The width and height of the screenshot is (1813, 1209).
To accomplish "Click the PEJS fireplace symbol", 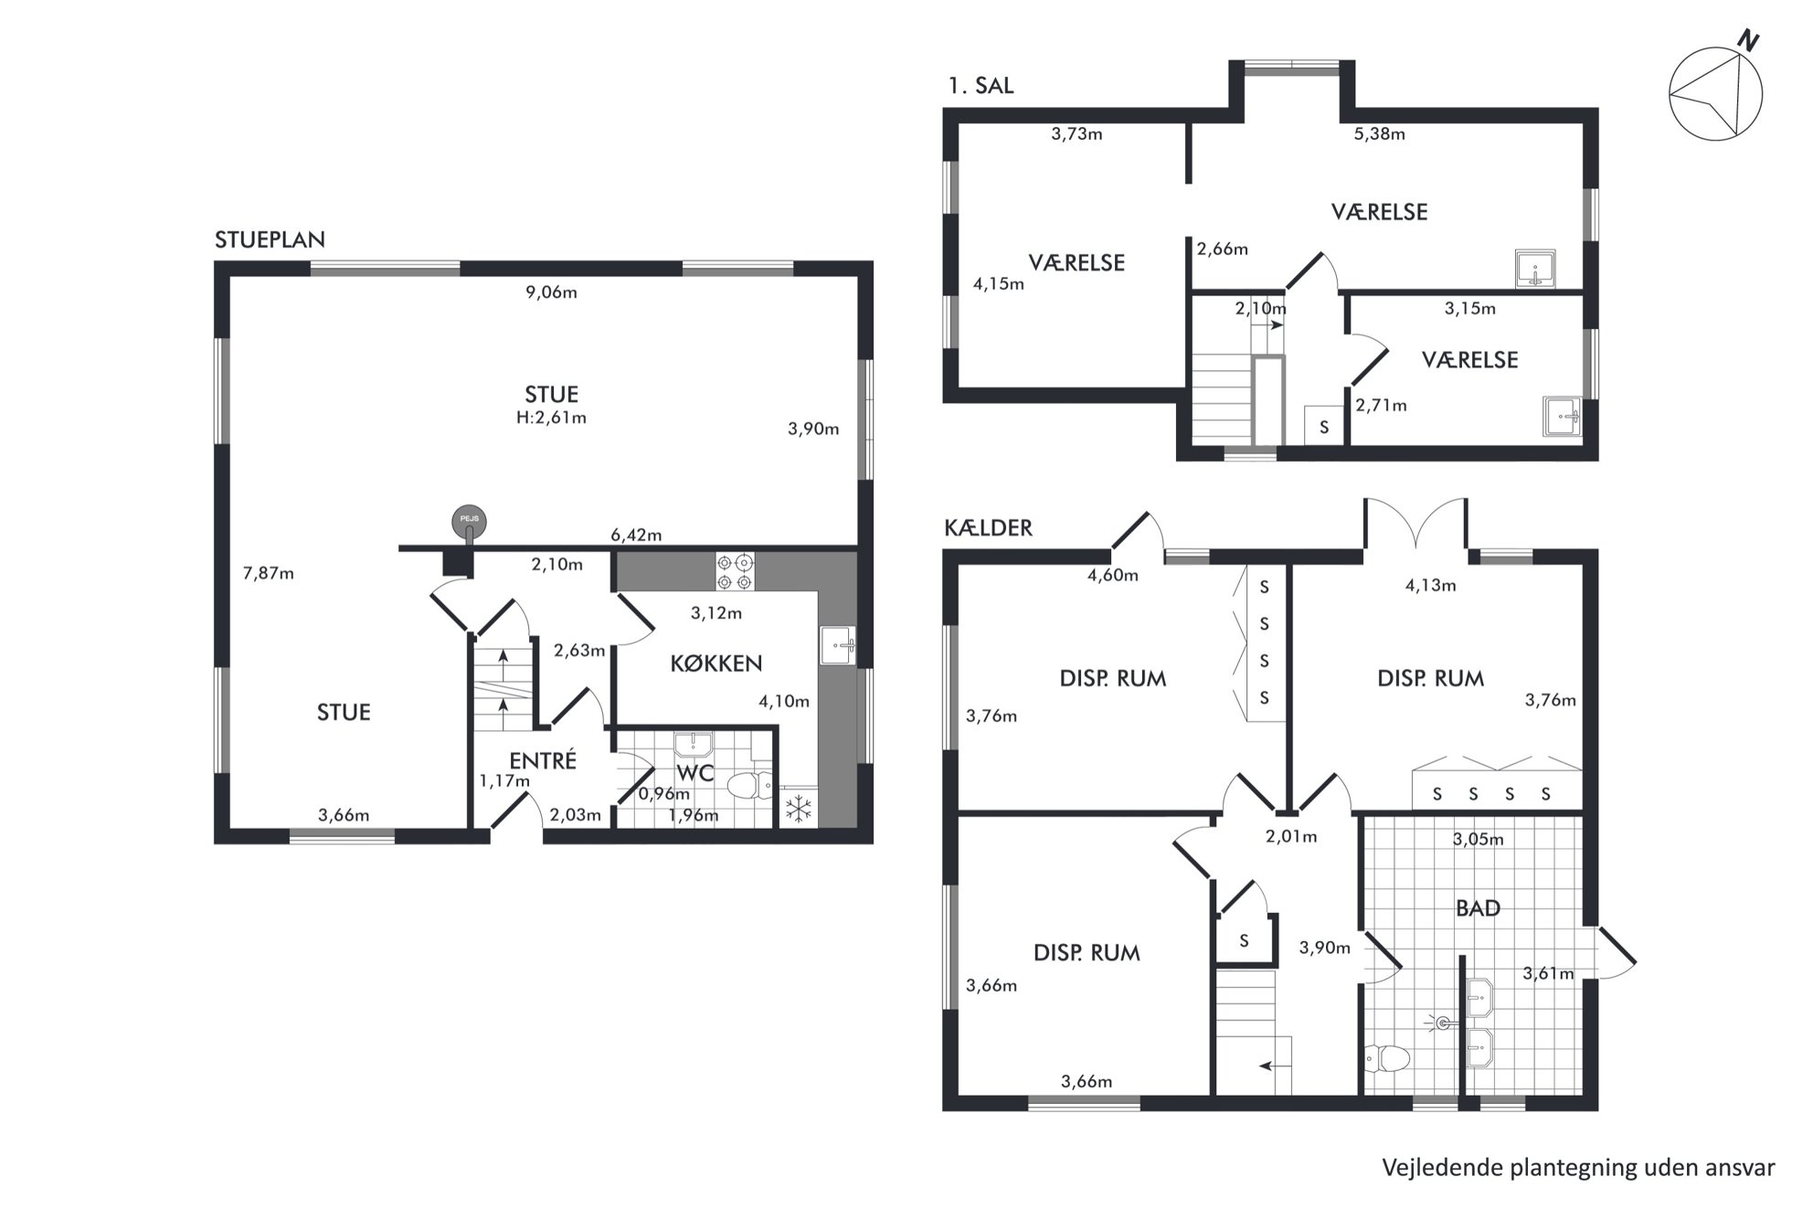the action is click(469, 522).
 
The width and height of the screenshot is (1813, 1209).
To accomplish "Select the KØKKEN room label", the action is click(716, 663).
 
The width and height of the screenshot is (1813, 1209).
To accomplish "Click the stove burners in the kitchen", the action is click(736, 572).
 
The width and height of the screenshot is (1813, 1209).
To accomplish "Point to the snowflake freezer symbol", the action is click(800, 809).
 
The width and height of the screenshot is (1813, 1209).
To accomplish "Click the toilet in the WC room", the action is click(749, 785).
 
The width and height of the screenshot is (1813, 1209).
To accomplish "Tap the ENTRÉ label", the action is click(544, 760).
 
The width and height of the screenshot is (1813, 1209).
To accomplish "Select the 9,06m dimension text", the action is click(551, 292).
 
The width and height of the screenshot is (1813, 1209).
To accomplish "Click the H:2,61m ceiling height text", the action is click(551, 418).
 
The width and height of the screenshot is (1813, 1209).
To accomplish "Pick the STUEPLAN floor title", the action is click(270, 239).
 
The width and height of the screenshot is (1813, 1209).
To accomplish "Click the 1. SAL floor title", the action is click(981, 86).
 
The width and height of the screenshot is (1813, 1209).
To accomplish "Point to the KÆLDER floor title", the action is click(988, 528).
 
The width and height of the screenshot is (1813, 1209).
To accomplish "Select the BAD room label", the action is click(1478, 908).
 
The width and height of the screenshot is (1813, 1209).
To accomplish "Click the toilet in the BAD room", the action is click(1386, 1058).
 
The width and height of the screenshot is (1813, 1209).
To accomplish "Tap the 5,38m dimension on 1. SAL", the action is click(1379, 134).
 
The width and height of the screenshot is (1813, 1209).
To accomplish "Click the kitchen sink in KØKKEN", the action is click(837, 645).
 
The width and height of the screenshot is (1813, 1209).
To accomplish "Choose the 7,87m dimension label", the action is click(269, 574).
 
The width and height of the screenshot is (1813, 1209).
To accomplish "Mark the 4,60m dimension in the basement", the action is click(1113, 575).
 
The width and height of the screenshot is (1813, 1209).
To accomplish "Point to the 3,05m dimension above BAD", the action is click(1478, 839).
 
